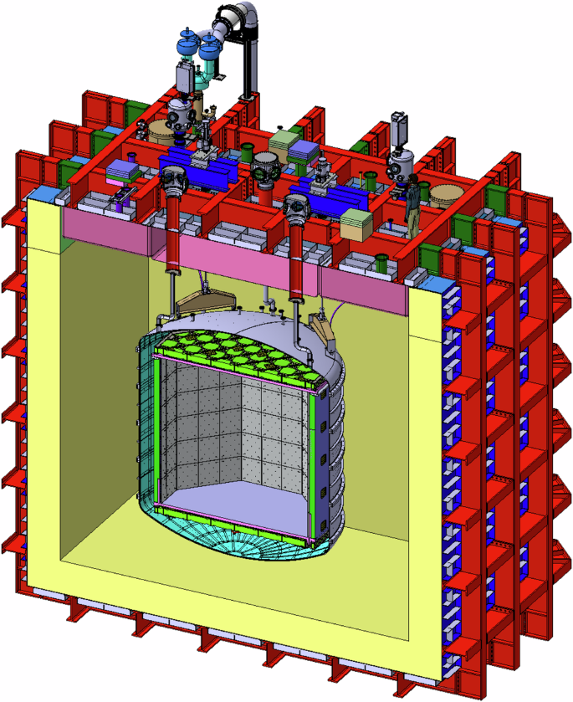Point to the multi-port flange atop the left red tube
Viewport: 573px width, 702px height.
pos(174,177)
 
